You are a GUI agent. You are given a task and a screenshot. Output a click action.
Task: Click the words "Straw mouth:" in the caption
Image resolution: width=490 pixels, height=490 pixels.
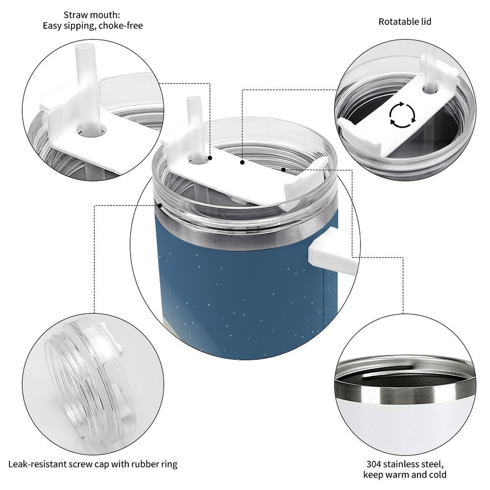[92, 15]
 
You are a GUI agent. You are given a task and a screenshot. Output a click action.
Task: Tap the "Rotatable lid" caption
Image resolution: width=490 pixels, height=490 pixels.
[405, 22]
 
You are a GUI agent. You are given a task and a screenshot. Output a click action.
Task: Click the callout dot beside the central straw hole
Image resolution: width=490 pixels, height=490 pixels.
[210, 158]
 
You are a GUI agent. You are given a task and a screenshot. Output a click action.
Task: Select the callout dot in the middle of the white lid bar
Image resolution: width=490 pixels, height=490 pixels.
[242, 162]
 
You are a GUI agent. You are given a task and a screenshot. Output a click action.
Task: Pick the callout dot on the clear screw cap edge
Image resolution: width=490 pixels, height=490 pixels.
[160, 205]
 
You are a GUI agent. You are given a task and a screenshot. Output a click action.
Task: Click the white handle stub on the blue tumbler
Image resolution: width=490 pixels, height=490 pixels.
[333, 251]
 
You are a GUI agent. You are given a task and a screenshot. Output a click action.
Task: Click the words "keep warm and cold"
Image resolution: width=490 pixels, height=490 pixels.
[405, 474]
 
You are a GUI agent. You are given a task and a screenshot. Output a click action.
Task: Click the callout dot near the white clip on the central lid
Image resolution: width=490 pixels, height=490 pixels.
[283, 170]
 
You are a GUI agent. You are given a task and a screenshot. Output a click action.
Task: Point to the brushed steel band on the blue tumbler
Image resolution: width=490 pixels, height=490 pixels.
[244, 235]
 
